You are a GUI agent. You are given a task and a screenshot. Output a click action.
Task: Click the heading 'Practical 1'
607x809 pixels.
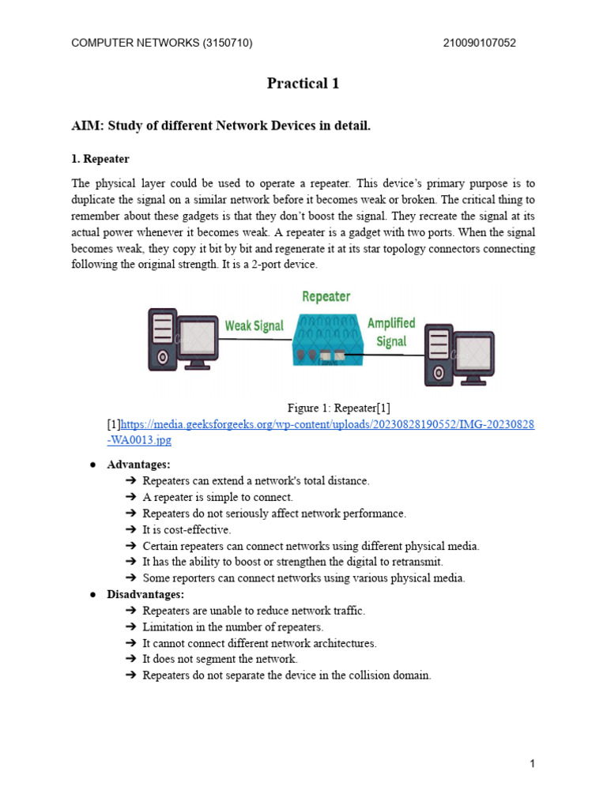(303, 83)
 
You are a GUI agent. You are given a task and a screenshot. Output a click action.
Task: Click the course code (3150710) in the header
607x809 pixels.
(227, 43)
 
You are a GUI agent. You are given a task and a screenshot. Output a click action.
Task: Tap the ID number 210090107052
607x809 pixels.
(481, 43)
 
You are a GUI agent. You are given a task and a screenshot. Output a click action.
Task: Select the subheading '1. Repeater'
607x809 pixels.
(100, 159)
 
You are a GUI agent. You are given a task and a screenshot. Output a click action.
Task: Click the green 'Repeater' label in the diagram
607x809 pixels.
(326, 296)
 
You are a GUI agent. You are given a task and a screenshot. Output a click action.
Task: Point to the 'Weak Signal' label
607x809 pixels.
(254, 325)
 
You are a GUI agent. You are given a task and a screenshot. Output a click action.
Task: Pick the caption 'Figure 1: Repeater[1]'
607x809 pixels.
(338, 408)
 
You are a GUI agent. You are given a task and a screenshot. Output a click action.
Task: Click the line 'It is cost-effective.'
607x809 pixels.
(187, 529)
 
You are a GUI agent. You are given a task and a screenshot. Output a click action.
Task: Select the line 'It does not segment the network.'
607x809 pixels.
(220, 659)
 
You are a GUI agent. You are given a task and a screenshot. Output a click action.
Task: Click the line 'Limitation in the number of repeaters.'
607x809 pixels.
(233, 627)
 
